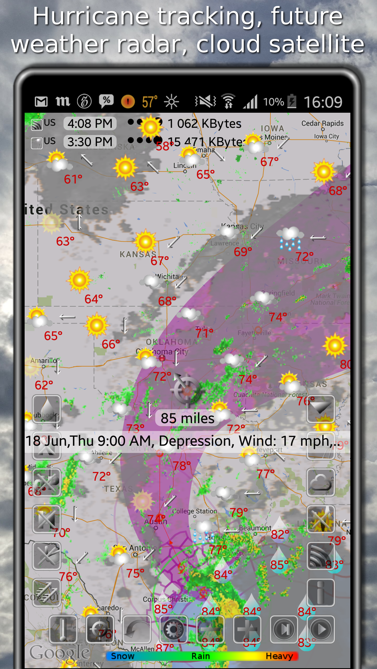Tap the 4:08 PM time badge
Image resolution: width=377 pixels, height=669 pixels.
[x=90, y=123]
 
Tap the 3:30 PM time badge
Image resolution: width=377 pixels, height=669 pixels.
[x=90, y=142]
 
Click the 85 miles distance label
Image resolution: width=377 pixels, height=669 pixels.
[x=187, y=418]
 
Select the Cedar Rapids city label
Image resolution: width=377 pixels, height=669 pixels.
[x=322, y=123]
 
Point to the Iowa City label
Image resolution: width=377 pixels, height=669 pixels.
[x=326, y=136]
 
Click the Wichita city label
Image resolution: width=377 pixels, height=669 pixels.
[x=167, y=276]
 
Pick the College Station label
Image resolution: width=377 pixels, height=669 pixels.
[x=195, y=511]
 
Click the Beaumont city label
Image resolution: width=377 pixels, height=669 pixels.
[x=255, y=528]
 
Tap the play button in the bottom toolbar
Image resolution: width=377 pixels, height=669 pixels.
[x=321, y=630]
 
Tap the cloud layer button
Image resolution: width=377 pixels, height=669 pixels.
[x=321, y=482]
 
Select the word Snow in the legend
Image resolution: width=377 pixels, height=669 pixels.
[x=123, y=656]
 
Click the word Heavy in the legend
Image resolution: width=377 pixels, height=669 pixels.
[x=279, y=656]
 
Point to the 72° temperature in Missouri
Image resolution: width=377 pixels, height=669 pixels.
[x=304, y=256]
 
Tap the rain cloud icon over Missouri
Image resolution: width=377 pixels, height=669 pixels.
[x=290, y=238]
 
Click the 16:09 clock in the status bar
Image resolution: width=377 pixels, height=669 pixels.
[x=323, y=102]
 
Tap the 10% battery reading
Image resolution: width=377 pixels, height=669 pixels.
[x=274, y=102]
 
